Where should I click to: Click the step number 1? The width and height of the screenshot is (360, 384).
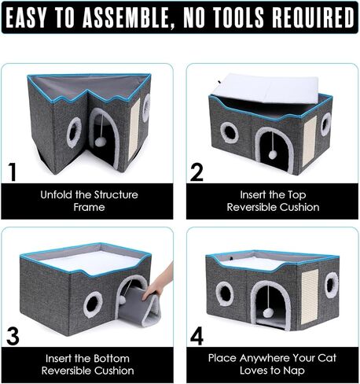(12, 171)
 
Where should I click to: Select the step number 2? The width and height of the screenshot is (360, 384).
(197, 171)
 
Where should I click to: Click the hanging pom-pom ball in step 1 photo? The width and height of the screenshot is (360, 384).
(101, 142)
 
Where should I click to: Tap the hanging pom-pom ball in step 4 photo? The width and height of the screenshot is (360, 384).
(268, 312)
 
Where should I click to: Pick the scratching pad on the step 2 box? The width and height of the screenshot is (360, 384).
(309, 138)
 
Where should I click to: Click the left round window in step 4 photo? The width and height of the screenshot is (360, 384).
(225, 294)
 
